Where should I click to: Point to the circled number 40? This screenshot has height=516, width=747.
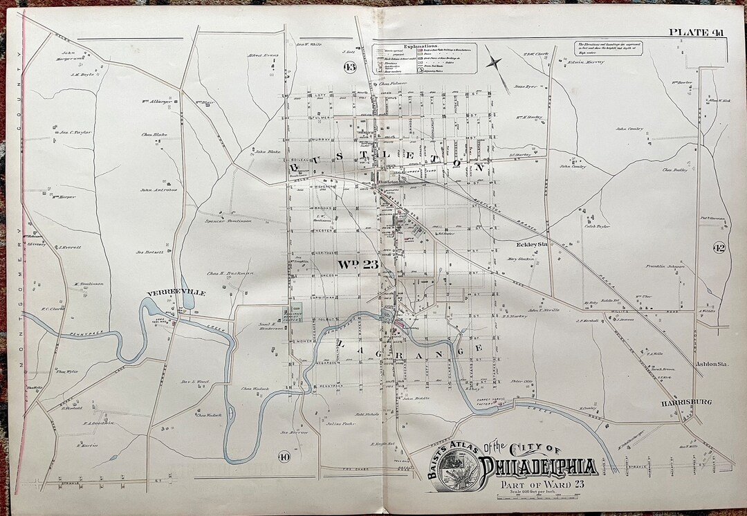click(284, 457)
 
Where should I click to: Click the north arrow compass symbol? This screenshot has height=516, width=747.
click(494, 62)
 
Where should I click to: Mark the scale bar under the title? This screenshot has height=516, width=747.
click(532, 498)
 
